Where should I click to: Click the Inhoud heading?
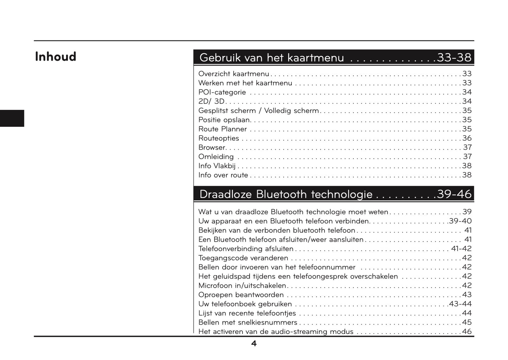(x=56, y=57)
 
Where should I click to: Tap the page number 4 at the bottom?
(x=254, y=344)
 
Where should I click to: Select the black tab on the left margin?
(x=12, y=118)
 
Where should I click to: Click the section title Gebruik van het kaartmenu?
(x=271, y=58)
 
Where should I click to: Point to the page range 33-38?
(x=454, y=58)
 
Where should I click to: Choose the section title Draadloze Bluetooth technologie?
(x=285, y=194)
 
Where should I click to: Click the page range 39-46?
(x=454, y=194)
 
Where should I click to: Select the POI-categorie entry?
(x=222, y=92)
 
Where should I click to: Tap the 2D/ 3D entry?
(x=211, y=102)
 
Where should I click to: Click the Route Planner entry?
(x=223, y=129)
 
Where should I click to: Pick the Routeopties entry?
(x=219, y=138)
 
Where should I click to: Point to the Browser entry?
(x=212, y=148)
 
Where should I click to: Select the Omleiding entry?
(x=216, y=157)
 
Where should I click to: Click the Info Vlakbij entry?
(x=217, y=166)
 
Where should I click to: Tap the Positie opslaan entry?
(x=224, y=120)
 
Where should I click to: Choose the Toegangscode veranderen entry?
(x=243, y=258)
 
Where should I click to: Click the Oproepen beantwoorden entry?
(x=241, y=295)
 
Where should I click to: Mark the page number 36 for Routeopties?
(x=467, y=138)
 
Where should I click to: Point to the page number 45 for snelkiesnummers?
(x=467, y=322)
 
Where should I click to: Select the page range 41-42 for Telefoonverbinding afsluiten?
(x=461, y=249)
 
